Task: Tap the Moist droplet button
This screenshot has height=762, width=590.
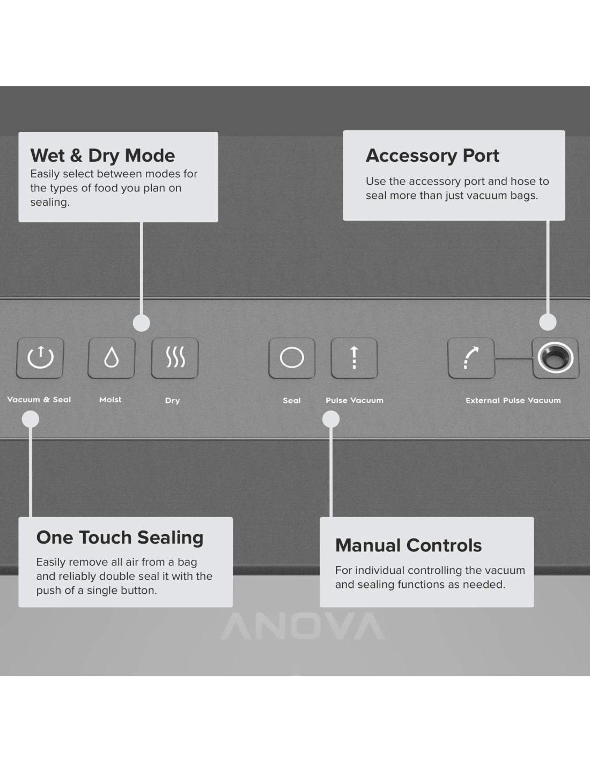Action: (x=111, y=357)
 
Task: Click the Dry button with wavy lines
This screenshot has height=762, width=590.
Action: (x=175, y=357)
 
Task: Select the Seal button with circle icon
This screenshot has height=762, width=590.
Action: (x=292, y=357)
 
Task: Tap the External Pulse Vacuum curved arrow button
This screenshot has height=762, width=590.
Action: (x=470, y=358)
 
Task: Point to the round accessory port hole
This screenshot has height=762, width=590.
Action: (x=555, y=357)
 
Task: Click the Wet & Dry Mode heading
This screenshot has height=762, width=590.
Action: (x=102, y=155)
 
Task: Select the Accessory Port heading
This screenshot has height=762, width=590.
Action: (x=432, y=155)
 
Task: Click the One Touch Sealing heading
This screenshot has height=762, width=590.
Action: (x=120, y=537)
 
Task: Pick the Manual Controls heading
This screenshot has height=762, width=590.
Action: (x=408, y=546)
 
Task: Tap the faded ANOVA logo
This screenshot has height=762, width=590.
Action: (x=303, y=626)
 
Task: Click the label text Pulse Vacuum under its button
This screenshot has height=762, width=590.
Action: (x=354, y=400)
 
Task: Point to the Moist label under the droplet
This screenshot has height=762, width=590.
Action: (x=110, y=400)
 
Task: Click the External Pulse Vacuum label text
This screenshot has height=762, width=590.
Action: (x=513, y=400)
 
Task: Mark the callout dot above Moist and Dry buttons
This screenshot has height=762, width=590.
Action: (x=141, y=323)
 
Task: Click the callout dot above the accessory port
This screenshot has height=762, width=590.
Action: (x=548, y=322)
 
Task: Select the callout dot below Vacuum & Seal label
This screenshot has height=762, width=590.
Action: (x=31, y=419)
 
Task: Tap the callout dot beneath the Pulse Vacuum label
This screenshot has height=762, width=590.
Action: (x=331, y=419)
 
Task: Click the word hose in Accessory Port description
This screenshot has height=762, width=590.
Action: (x=522, y=181)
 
